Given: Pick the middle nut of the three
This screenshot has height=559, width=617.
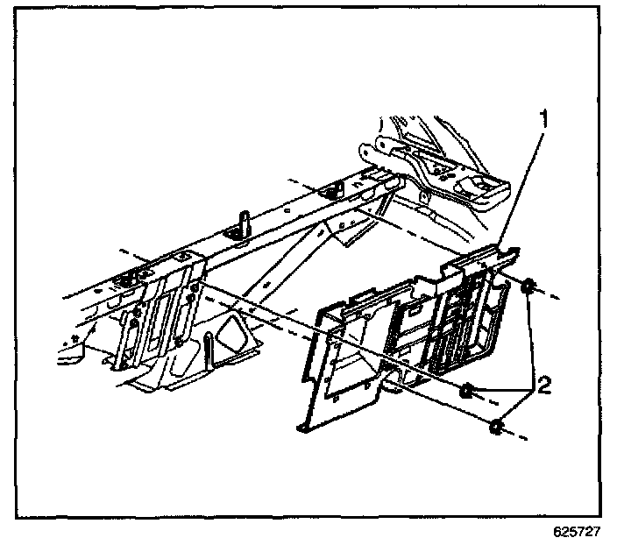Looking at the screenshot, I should (x=469, y=391).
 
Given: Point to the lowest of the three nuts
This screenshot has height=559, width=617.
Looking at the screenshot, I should (x=496, y=427).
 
